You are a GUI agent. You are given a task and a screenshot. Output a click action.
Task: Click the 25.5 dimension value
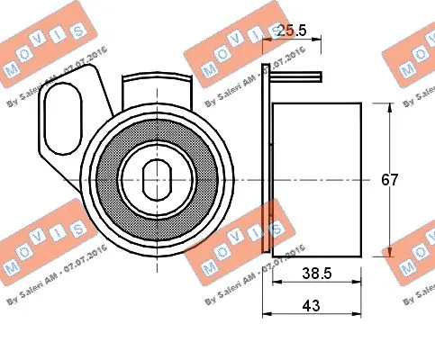click(293, 30)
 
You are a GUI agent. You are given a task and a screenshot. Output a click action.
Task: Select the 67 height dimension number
click(389, 179)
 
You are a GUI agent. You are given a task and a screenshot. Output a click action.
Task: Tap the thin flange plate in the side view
click(267, 162)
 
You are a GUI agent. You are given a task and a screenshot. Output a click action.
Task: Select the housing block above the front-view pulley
click(158, 90)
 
